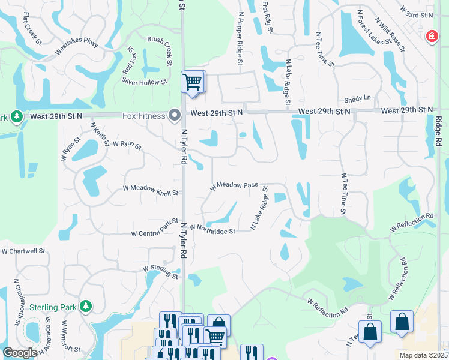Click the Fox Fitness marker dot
pos(175,114)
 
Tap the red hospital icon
pos(431,37)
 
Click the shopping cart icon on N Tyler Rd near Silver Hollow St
pos(193,82)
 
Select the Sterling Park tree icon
pos(86,307)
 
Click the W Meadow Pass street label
pos(234,186)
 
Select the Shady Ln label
pos(358,97)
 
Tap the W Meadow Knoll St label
pos(151,190)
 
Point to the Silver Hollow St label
pos(144,81)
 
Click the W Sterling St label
pos(160,272)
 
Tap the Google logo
pos(20,353)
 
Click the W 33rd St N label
pos(416,11)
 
